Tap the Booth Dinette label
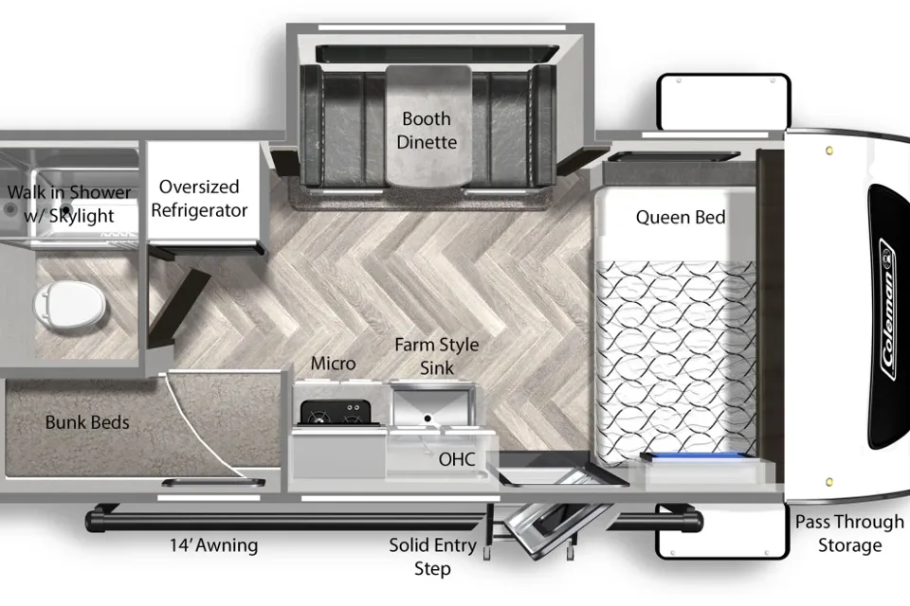point(427,131)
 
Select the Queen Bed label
point(681,218)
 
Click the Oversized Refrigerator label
point(199,198)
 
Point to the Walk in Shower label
point(69,204)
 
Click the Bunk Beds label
point(87,422)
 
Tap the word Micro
point(333,364)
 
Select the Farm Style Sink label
point(436,356)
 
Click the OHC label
point(457,459)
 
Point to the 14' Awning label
point(213,545)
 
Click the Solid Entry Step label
point(432,557)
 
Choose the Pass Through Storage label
point(849,533)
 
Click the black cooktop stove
point(336,413)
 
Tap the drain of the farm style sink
point(428,419)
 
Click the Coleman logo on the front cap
point(888,309)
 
